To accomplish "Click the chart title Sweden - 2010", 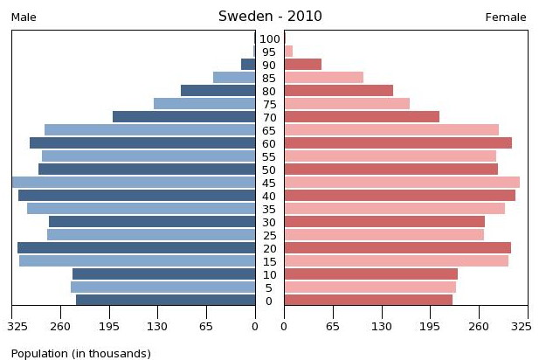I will [x=269, y=17].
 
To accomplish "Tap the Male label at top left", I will [x=24, y=17].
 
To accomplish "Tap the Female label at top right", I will [x=505, y=17].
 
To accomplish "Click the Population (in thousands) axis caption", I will [x=80, y=353].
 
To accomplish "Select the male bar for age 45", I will [x=134, y=183].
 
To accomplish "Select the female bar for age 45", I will [x=401, y=183].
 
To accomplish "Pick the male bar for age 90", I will [x=248, y=65].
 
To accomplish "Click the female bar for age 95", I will [x=288, y=52].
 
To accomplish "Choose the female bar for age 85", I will [x=323, y=78].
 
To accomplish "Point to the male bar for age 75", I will [x=204, y=104].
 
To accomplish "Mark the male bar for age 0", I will [x=165, y=301].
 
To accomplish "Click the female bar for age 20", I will [x=397, y=248].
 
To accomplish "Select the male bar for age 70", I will [x=183, y=117].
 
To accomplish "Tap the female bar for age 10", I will [x=370, y=274].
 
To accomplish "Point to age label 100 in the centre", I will [x=269, y=38].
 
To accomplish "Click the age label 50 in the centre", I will [x=269, y=170].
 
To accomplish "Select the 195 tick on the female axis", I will [x=430, y=327].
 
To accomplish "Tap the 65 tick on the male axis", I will [x=207, y=327].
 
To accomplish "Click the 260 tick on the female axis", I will [x=479, y=327].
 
